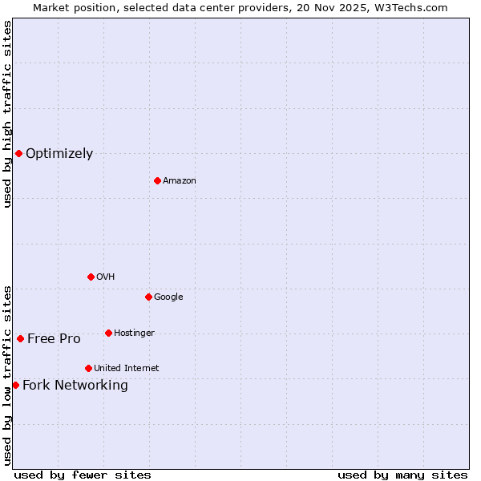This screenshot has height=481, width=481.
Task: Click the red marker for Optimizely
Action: pos(18,153)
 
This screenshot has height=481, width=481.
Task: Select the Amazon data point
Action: pos(157,180)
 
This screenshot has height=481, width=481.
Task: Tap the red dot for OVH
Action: pos(91,277)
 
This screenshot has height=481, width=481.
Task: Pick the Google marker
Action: pos(148,297)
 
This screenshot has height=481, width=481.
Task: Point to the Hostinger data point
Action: pos(108,333)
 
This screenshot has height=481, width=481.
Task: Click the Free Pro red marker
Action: pos(20,338)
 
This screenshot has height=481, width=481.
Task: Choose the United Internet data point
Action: pos(88,368)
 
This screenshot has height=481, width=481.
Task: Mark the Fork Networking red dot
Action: pos(15,385)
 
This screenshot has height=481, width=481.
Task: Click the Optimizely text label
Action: pos(59,154)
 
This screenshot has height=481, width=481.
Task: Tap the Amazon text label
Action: pos(180,181)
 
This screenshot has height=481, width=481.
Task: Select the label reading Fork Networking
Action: pos(75,386)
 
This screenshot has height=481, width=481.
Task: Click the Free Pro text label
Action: pos(54,339)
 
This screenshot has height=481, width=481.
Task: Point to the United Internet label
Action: pos(127,369)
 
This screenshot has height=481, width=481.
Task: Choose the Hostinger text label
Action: pos(134,333)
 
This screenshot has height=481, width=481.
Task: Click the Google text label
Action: pos(168,297)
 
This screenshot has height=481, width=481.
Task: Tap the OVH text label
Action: pos(106,277)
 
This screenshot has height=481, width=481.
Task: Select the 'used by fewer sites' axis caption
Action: pos(83,475)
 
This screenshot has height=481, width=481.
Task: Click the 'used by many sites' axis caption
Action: pos(402,475)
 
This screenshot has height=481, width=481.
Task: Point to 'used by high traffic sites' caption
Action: pos(8,114)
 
